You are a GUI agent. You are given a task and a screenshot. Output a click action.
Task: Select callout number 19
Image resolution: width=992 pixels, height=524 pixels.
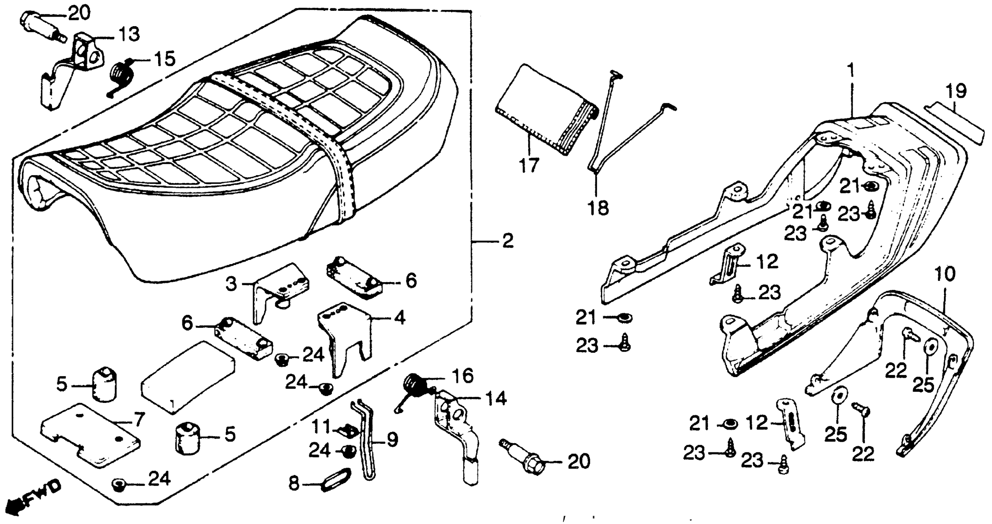click(x=956, y=92)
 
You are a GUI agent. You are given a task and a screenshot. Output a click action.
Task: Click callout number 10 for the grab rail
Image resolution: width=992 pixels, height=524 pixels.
click(x=944, y=274)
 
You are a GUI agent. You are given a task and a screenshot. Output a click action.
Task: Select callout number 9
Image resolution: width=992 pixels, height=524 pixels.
click(x=392, y=439)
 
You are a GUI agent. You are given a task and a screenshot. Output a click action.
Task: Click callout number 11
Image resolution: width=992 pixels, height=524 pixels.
click(x=321, y=427)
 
